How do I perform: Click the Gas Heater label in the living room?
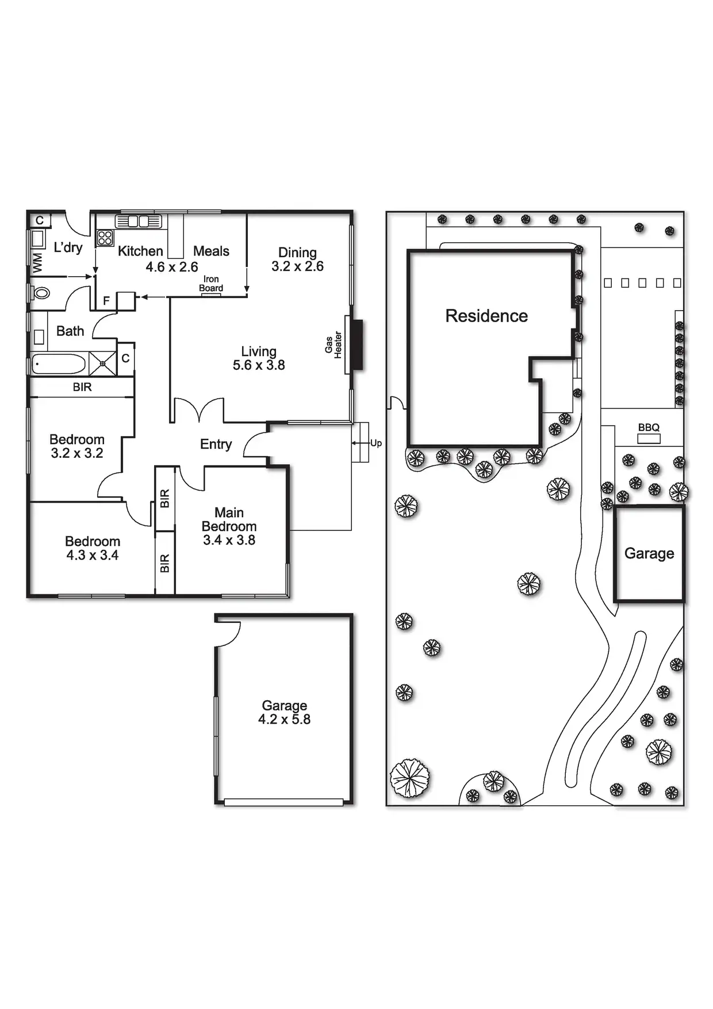click(x=333, y=345)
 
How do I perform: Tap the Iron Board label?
click(x=211, y=284)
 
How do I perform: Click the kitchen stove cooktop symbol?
click(x=105, y=238)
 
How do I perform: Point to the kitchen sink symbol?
click(x=138, y=221)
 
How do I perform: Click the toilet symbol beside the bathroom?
click(x=41, y=293)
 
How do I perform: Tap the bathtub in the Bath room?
click(x=58, y=364)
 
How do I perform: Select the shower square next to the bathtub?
click(x=103, y=364)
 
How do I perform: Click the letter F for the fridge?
click(x=106, y=300)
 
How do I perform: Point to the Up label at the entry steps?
click(x=376, y=443)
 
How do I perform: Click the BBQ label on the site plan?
click(x=649, y=427)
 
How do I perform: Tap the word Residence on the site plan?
click(x=486, y=316)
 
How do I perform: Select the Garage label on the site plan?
click(x=649, y=553)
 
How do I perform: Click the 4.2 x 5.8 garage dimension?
click(x=284, y=720)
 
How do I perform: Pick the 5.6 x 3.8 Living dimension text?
click(x=259, y=365)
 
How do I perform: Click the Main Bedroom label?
click(x=229, y=519)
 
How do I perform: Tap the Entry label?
click(x=216, y=444)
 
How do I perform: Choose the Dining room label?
click(x=297, y=253)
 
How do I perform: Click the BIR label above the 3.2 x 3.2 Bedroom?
click(x=82, y=387)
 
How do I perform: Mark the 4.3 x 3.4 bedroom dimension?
click(x=93, y=555)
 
